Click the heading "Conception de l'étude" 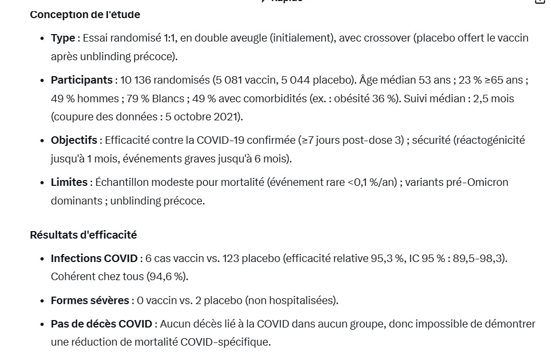(85, 15)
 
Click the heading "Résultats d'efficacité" (84, 235)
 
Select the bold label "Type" (63, 38)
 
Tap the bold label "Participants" (81, 80)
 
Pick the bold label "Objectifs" (74, 140)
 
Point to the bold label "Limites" (69, 182)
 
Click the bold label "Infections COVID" (94, 258)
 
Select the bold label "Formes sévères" (90, 300)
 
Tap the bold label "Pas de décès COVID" (102, 324)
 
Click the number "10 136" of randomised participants (136, 80)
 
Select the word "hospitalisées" (304, 300)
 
